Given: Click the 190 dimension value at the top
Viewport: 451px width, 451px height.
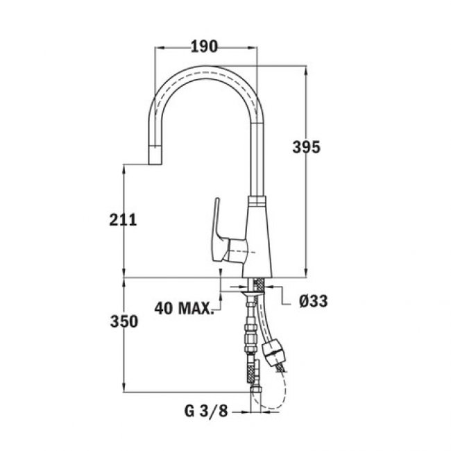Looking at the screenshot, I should tap(204, 46).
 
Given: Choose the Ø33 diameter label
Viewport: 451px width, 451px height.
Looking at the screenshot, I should tap(313, 301).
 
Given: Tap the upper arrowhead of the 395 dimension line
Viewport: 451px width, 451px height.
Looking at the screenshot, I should tap(306, 70).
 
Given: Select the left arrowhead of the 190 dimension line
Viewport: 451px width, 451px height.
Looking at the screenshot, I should tap(155, 47).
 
